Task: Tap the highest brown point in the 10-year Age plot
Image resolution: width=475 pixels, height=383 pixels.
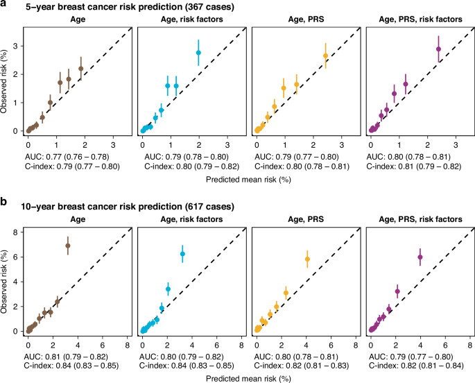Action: click(67, 246)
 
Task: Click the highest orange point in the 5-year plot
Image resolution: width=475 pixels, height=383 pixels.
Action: click(325, 56)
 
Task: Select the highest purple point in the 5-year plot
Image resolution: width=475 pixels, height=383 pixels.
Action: click(438, 49)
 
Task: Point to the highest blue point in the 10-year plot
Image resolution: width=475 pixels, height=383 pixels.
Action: click(183, 254)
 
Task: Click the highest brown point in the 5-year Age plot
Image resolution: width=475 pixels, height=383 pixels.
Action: click(80, 69)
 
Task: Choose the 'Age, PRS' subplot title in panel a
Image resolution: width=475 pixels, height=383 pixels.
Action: click(306, 20)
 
